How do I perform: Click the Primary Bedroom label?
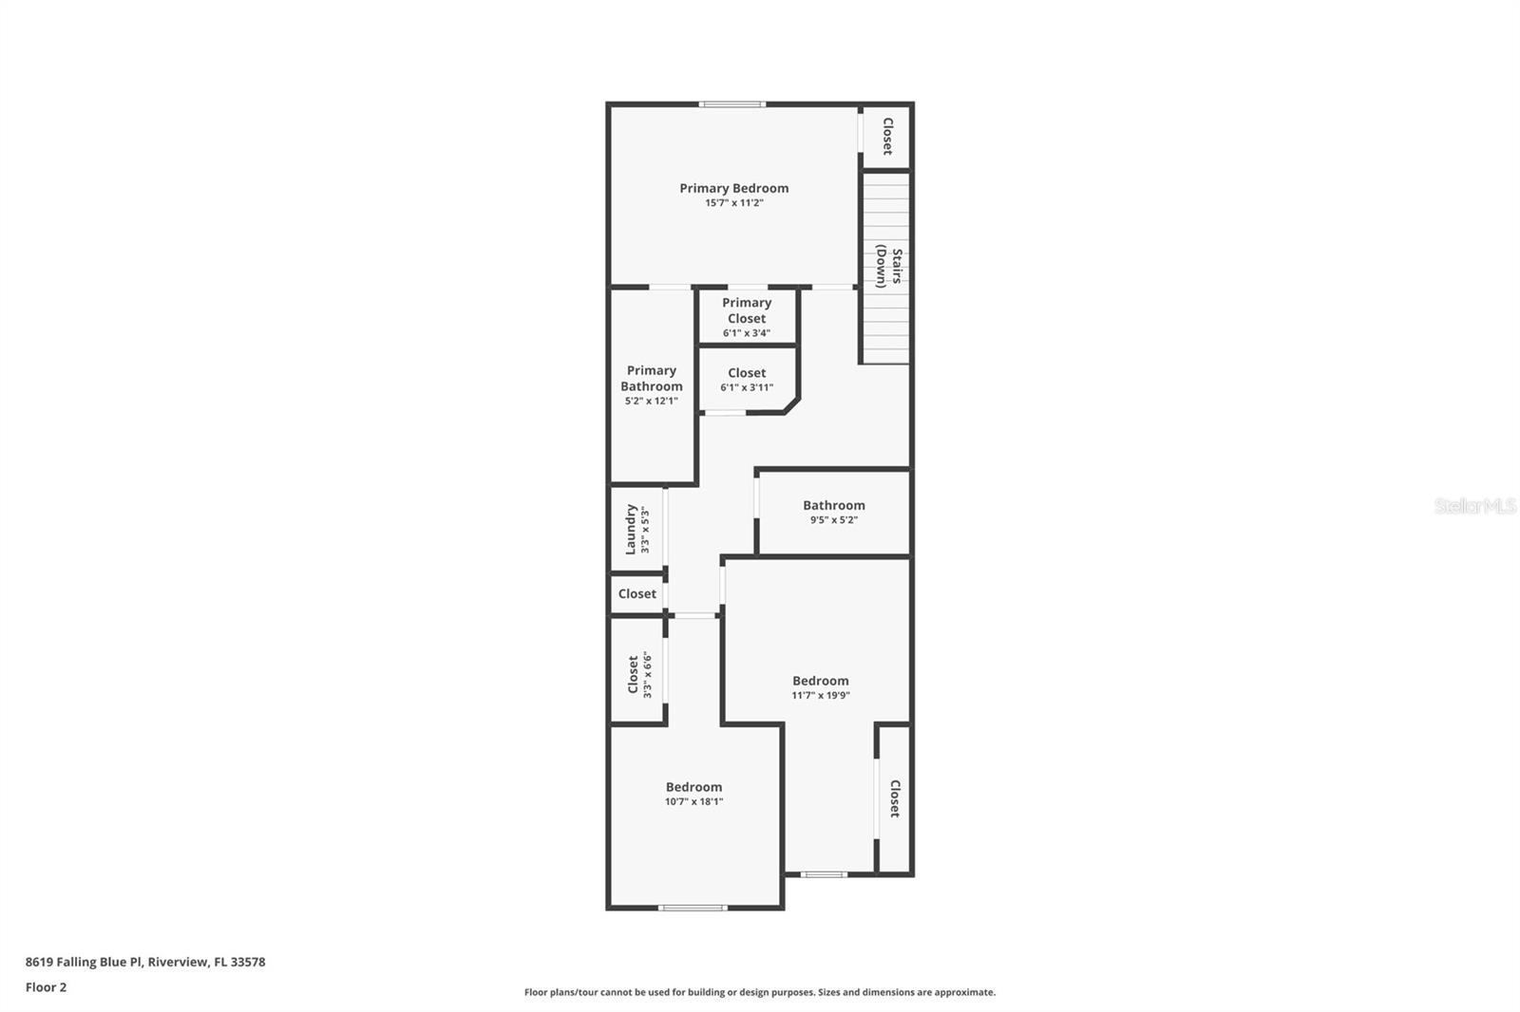tap(733, 189)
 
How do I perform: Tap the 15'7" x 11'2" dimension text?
tap(734, 203)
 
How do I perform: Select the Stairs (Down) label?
tap(888, 267)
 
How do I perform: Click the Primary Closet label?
tap(747, 310)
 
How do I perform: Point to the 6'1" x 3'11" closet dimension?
tap(747, 388)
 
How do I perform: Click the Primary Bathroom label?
tap(652, 379)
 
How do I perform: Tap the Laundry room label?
tap(631, 529)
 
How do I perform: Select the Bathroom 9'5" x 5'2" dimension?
tap(834, 520)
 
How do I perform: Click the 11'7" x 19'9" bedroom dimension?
tap(821, 695)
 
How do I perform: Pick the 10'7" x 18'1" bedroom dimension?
tap(693, 802)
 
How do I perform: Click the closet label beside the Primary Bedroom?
tap(887, 137)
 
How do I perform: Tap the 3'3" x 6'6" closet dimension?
tap(647, 675)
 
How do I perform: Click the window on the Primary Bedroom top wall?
tap(732, 104)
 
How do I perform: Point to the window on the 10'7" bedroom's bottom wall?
tap(693, 908)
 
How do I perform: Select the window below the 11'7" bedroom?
tap(824, 874)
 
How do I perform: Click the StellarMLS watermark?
tap(1475, 506)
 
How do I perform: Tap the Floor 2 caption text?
tap(47, 987)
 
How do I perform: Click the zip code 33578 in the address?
tap(248, 962)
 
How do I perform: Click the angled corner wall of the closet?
tap(792, 405)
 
